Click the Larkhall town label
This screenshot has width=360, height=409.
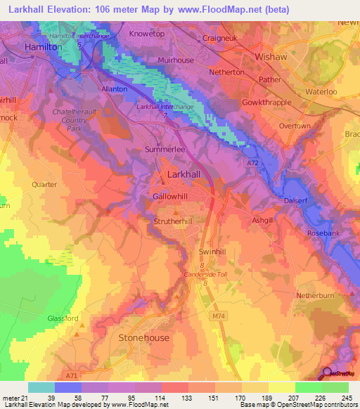186,174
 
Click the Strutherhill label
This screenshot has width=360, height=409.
172,221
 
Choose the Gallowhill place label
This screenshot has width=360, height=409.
171,197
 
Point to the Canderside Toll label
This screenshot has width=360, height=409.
206,275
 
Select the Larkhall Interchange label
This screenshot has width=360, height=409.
165,106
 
